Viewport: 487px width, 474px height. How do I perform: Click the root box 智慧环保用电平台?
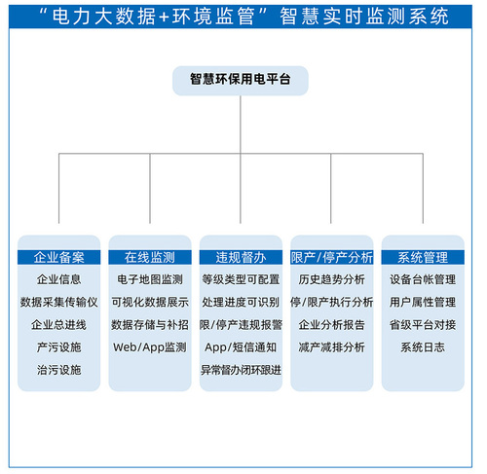pos(241,81)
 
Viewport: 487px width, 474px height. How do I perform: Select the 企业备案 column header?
pos(58,257)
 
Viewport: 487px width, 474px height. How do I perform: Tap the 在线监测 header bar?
pos(150,257)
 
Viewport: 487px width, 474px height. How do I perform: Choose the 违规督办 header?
pos(241,257)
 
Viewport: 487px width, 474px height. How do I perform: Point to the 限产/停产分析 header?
pos(332,257)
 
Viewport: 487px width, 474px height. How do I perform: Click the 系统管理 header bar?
pos(423,257)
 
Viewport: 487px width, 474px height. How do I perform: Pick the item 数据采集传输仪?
pos(58,302)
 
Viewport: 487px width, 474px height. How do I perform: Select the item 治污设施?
pos(58,370)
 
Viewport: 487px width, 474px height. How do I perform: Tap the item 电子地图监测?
pos(150,279)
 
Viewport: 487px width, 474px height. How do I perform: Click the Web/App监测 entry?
pos(150,347)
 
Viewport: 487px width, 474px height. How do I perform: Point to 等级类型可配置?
pos(241,279)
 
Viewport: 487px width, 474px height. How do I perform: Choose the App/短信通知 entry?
pos(241,347)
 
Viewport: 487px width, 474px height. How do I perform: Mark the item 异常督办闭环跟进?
pos(241,370)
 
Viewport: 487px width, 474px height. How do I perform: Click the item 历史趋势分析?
pos(332,279)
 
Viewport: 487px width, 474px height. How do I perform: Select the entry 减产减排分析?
pos(332,347)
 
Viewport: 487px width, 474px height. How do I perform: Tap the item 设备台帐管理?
pos(423,279)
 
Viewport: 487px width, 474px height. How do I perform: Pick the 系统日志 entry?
pos(423,347)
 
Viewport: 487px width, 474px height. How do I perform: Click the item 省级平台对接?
pos(423,325)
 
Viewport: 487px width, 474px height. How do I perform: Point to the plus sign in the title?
pos(164,17)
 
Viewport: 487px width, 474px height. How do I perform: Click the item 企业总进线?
pos(58,325)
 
